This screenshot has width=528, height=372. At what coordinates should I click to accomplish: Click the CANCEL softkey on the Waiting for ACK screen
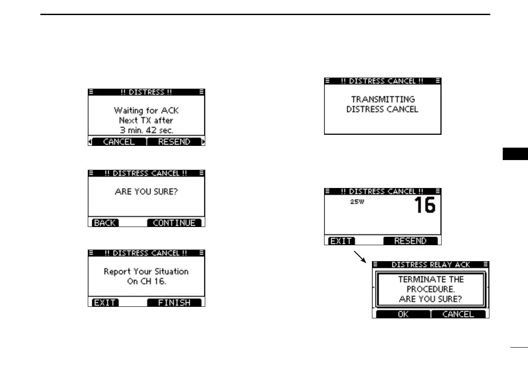(x=118, y=142)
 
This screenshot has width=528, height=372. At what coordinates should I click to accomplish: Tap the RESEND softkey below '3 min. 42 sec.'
(x=174, y=142)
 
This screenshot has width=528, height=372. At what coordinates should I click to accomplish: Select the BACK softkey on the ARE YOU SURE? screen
(x=104, y=223)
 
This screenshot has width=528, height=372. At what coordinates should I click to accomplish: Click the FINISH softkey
(x=174, y=303)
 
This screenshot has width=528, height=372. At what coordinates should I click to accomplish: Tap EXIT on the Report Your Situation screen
(x=104, y=303)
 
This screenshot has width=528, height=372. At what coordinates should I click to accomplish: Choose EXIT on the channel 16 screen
(x=341, y=241)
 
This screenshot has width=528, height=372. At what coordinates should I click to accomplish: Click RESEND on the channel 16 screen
(x=410, y=241)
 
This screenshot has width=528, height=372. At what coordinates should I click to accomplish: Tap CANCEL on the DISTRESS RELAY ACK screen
(x=458, y=314)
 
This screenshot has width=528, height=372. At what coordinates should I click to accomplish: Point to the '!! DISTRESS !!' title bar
(x=146, y=92)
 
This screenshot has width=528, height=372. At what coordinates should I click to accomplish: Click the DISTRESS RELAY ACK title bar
(x=430, y=264)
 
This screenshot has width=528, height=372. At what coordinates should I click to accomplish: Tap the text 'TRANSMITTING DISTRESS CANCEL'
(x=382, y=105)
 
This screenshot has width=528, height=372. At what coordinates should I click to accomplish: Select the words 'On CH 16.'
(x=146, y=282)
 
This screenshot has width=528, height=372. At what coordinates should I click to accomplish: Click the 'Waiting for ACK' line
(x=146, y=110)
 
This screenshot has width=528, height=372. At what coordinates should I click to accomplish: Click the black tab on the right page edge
(x=516, y=155)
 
